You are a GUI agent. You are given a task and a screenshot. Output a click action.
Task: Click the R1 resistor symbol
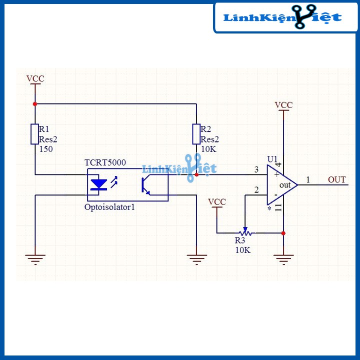coord(34,133)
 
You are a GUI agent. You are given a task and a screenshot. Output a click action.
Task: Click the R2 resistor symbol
coord(196,133)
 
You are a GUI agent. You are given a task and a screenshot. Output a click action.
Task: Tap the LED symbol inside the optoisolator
coord(99,184)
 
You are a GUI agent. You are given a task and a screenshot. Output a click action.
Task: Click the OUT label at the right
coord(336,179)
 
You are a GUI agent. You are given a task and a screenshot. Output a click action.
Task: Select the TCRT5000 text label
coord(105,163)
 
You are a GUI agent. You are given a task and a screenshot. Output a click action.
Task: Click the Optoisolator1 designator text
coord(110,206)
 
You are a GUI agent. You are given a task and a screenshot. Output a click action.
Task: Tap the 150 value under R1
coord(45,149)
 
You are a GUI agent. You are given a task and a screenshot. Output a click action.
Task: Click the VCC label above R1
coord(35,79)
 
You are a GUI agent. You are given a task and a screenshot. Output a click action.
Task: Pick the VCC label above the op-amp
coord(283,105)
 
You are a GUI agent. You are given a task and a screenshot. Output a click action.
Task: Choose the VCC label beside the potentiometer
coord(217,201)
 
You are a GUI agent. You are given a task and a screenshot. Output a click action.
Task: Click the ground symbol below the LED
coord(34,258)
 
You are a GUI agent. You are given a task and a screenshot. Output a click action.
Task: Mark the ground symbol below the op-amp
coord(283,258)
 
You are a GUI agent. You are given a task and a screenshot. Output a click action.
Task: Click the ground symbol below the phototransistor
coord(196,258)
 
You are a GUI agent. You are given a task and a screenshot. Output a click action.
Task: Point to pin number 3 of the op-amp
coord(256,170)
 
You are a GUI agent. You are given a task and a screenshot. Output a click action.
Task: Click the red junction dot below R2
coord(196,174)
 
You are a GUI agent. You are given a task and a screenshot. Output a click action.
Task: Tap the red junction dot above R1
coord(34,104)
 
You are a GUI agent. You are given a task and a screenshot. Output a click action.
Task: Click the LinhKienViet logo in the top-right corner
coord(283,17)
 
